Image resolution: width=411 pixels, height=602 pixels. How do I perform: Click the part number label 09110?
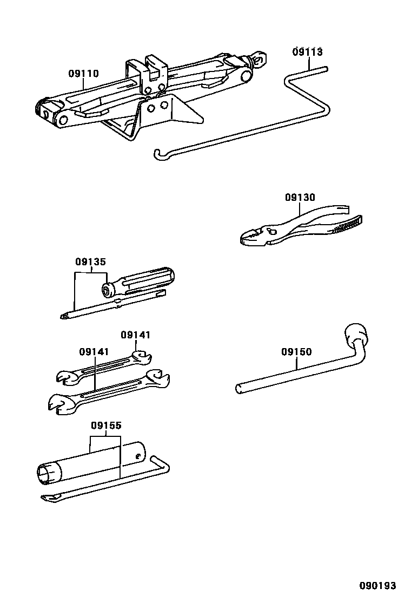point(83,74)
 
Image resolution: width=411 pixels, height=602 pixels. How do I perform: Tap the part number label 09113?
point(307,52)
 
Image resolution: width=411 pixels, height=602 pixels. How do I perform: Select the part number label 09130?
point(300,198)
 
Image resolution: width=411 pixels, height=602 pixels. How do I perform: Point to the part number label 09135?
point(90,262)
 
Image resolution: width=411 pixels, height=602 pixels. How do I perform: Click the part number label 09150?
point(296,352)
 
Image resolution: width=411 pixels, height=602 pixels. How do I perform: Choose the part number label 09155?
point(106,426)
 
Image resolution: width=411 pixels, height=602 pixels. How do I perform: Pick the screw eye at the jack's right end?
point(261,58)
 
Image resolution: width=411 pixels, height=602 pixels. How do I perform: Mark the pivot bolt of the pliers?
point(273,232)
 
